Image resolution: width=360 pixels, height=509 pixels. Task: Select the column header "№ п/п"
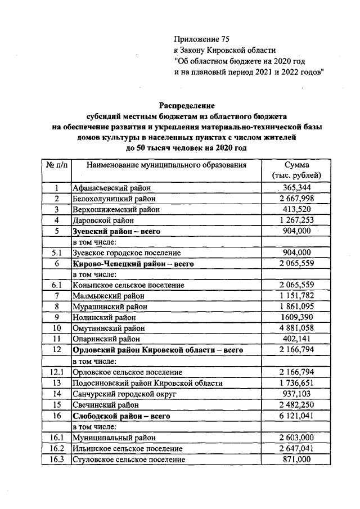pos(57,165)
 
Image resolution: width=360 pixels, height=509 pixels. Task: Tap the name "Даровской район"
pos(103,220)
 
